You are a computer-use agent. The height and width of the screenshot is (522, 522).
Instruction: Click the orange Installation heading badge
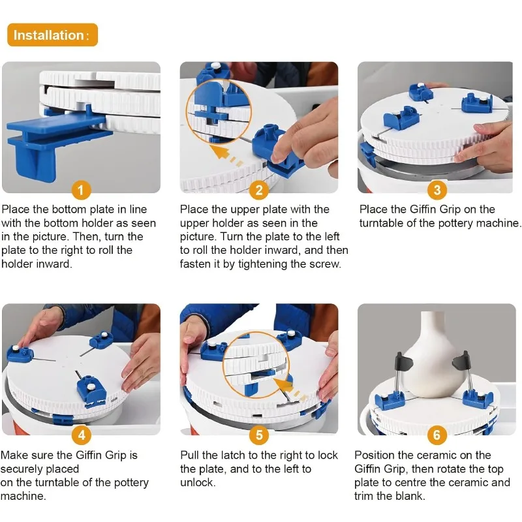[x=53, y=35]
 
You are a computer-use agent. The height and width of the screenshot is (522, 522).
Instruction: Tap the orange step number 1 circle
[x=81, y=190]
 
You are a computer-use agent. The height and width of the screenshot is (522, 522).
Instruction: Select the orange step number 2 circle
[x=259, y=190]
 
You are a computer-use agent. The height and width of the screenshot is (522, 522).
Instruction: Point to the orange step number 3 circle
[x=437, y=190]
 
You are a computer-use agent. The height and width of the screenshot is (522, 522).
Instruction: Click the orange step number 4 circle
[x=82, y=435]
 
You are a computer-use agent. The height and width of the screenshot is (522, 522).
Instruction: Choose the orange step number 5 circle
[x=259, y=435]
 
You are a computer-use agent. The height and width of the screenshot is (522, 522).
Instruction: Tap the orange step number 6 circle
[x=437, y=435]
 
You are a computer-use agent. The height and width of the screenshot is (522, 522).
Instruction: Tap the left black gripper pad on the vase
[x=403, y=361]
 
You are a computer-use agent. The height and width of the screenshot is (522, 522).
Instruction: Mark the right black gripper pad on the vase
[x=462, y=361]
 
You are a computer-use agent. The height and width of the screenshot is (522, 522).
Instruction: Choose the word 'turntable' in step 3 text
[x=382, y=223]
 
